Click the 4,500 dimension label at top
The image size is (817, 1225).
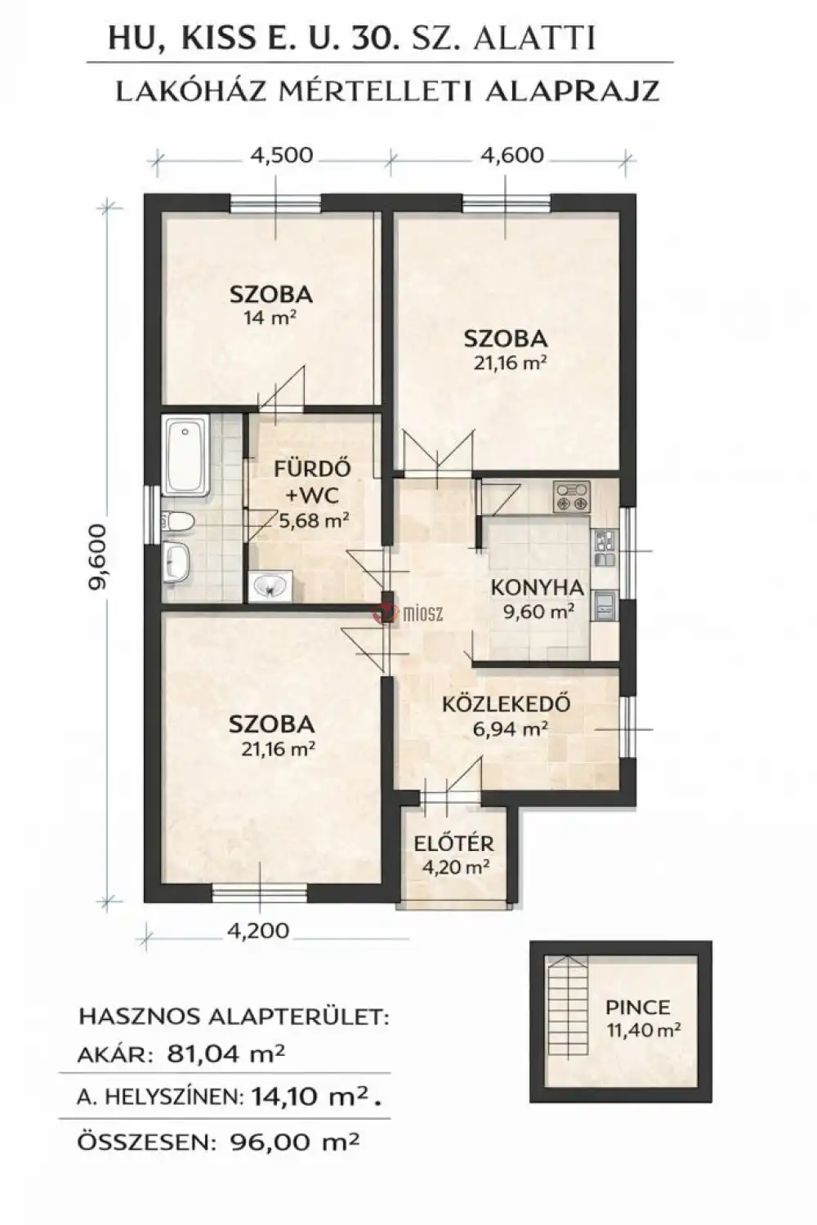(282, 155)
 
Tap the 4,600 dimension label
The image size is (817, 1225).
(512, 155)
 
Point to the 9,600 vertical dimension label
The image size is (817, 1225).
(98, 557)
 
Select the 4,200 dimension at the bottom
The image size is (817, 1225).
(257, 930)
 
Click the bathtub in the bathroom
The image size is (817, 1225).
(186, 455)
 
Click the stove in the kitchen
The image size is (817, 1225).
(571, 496)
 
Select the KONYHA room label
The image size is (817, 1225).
(537, 589)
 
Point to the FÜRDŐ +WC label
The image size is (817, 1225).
(312, 483)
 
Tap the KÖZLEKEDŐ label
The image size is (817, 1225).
(506, 704)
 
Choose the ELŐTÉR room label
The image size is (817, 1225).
(453, 844)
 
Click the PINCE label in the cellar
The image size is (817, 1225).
(637, 1007)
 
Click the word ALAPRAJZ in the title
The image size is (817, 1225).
(571, 91)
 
